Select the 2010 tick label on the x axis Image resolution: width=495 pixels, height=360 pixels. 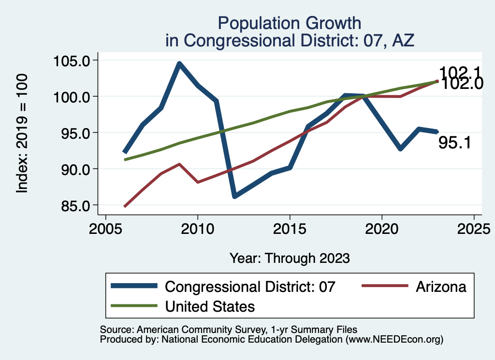198,228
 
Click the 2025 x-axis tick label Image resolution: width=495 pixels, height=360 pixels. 474,228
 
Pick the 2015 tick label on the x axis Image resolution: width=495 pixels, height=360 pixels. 290,228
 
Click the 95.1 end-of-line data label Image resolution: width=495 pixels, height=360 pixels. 455,143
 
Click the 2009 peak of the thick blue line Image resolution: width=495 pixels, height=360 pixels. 179,63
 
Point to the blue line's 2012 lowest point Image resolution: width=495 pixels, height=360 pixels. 234,196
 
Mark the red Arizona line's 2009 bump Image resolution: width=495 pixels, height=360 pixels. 179,164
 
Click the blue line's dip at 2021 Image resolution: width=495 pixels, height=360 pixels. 400,149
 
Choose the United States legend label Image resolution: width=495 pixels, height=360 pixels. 210,306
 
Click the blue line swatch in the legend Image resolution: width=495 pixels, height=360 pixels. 134,286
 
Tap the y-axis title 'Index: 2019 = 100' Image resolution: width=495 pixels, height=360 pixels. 22,133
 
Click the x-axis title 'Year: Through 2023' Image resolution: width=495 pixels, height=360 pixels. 289,258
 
